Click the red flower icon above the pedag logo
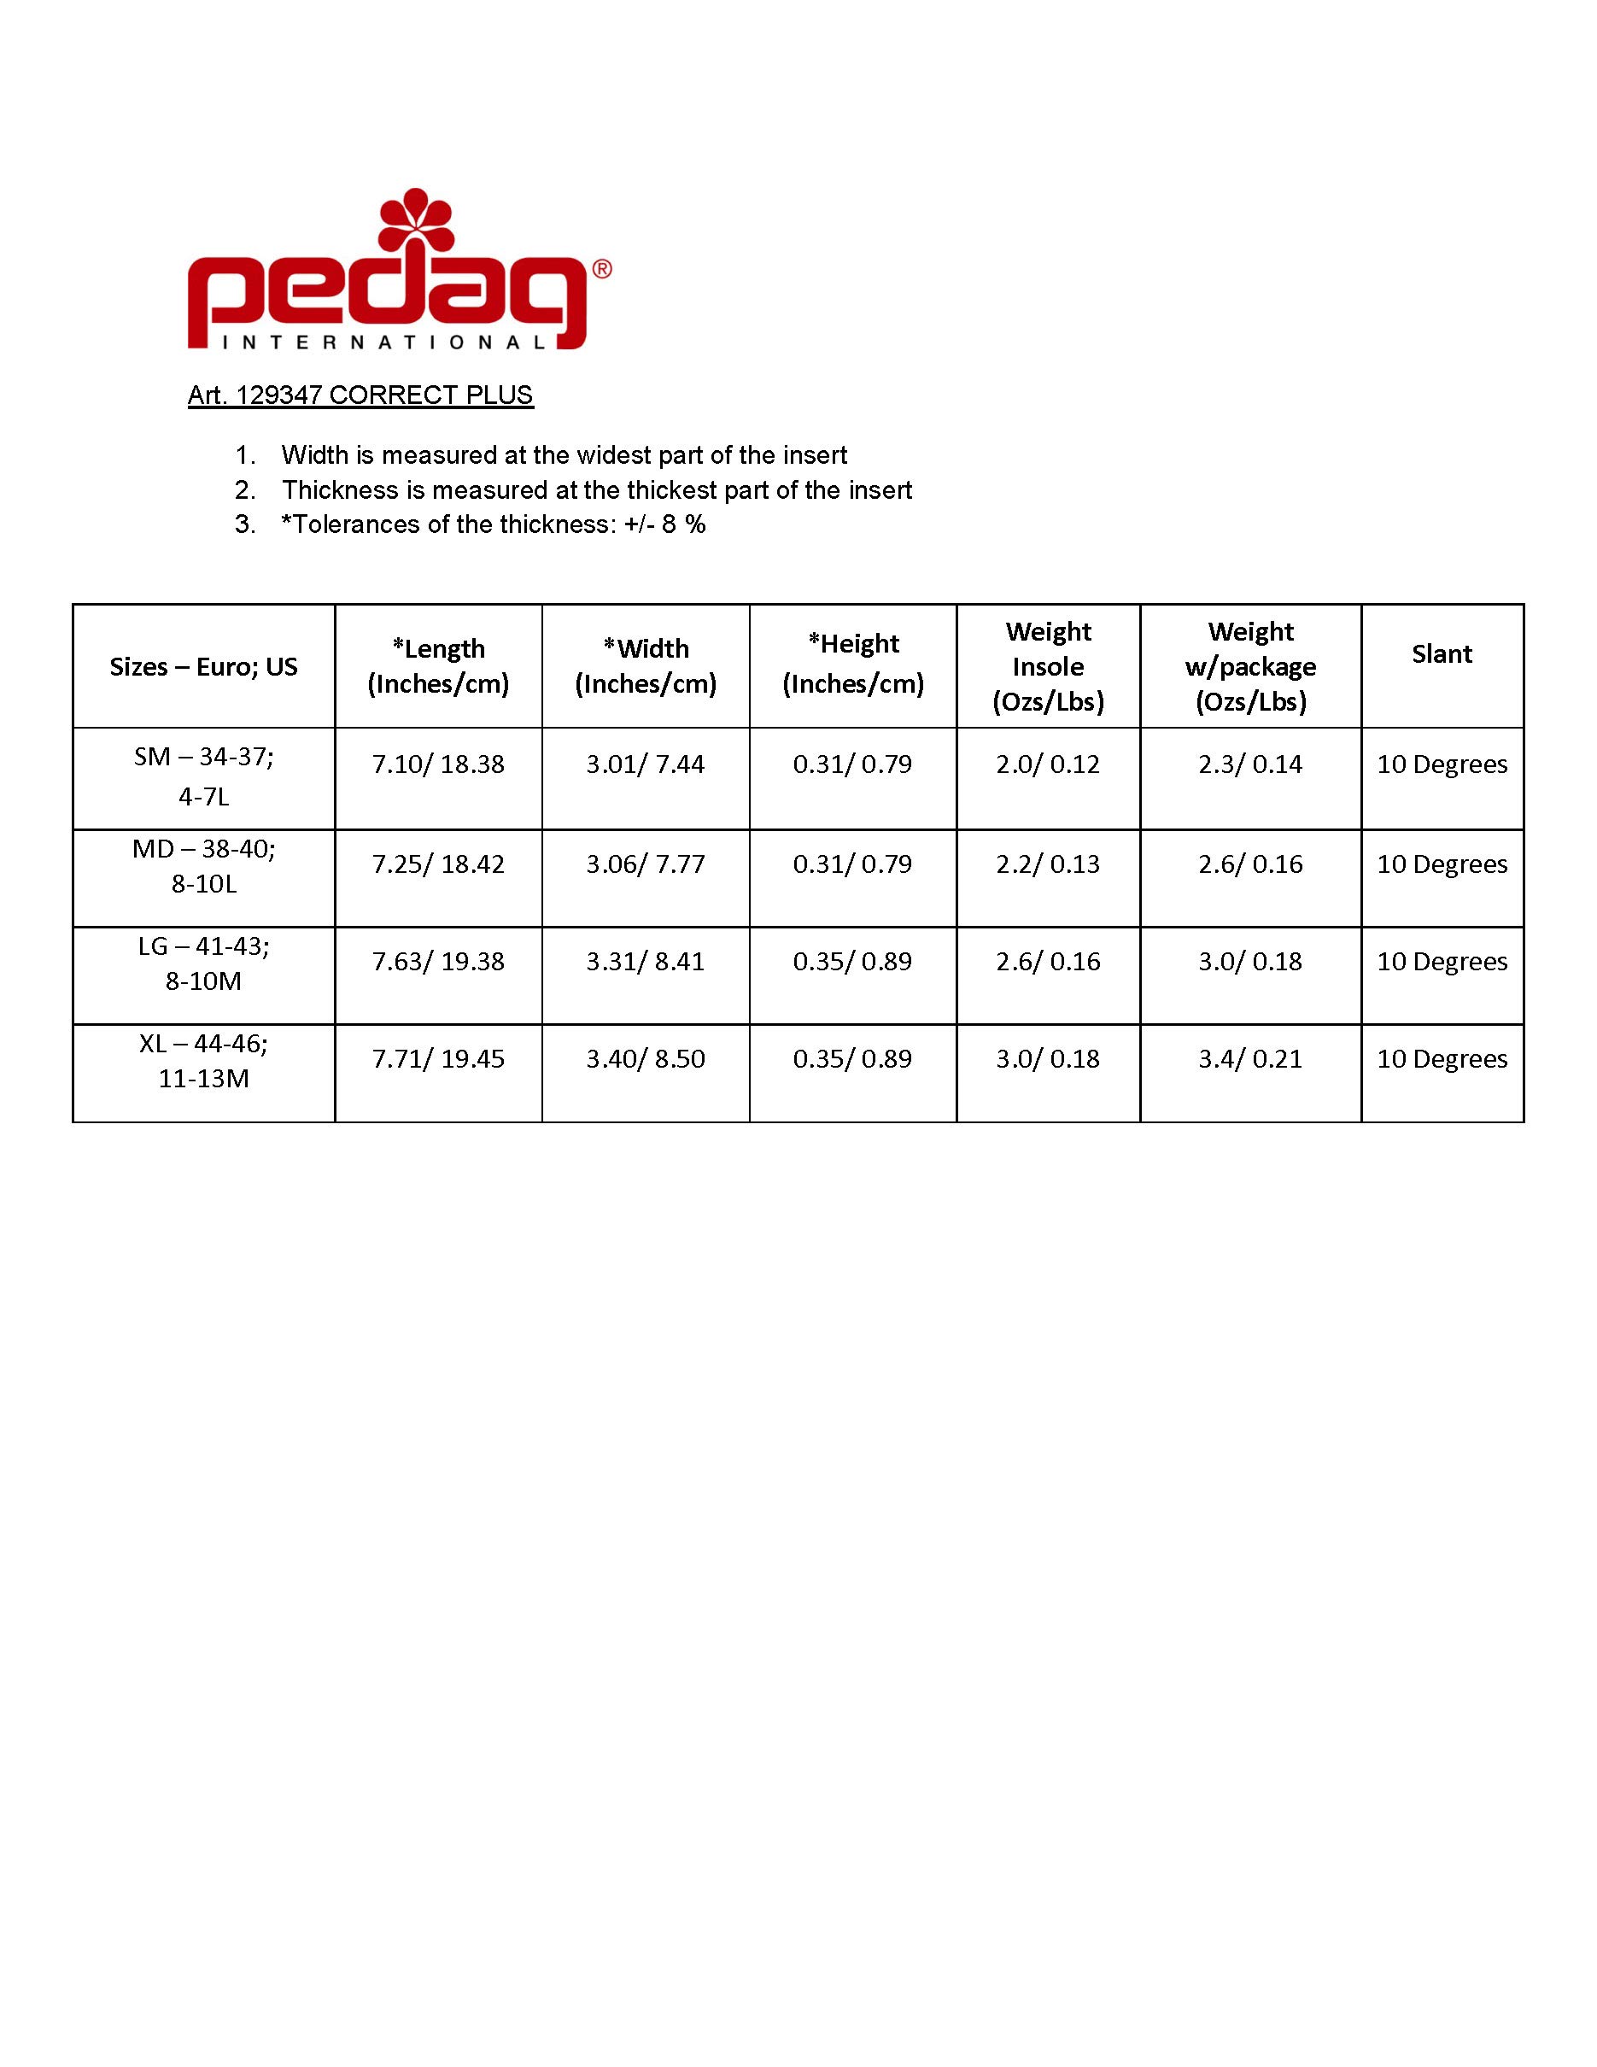pos(416,225)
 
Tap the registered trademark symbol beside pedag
pos(602,269)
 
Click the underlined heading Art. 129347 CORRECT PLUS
pos(360,395)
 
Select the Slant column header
pos(1441,654)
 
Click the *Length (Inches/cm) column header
pos(438,666)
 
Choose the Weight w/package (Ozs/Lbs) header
pos(1249,666)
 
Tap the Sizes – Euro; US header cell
pos(203,666)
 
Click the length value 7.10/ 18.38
pos(438,764)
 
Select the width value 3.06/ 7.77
pos(646,864)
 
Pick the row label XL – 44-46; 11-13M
pos(203,1061)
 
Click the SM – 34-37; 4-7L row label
pos(203,776)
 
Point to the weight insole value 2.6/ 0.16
pos(1047,962)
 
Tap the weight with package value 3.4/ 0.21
pos(1249,1058)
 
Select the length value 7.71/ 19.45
pos(438,1058)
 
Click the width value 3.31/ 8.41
pos(646,962)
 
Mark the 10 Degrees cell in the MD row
pos(1441,864)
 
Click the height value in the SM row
pos(851,764)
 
